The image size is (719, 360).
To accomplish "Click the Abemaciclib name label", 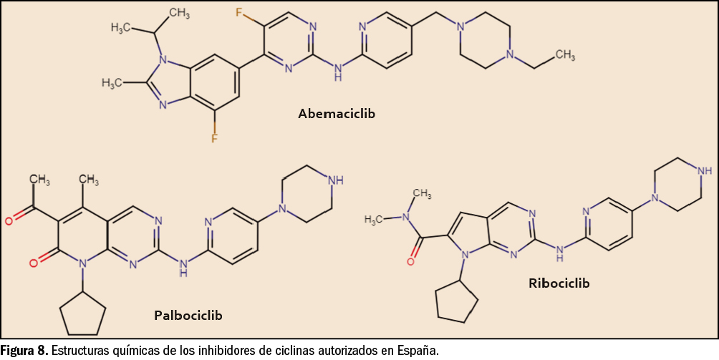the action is pos(336,113).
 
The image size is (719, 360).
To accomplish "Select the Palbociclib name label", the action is pos(188,316).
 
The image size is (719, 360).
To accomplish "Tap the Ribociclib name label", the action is pos(559,283).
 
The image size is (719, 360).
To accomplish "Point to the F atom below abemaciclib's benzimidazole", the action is pos(215,137).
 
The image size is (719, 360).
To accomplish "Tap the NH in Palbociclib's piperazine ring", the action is pos(334,180).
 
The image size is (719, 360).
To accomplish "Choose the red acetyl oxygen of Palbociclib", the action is pos(9,221).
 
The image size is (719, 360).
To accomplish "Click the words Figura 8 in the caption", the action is pos(24,351).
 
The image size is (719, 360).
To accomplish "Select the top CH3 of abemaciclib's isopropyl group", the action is pos(179,12).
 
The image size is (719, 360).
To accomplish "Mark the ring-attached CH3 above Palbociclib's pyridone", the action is pos(88,180).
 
